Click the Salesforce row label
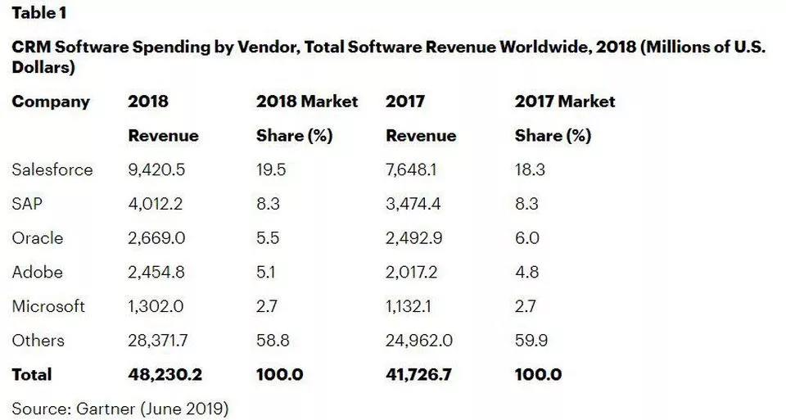click(52, 169)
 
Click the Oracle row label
click(38, 238)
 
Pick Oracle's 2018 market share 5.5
click(269, 238)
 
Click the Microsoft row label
click(48, 306)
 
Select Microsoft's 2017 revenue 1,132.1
click(413, 306)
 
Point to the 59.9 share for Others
click(531, 341)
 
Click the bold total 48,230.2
click(165, 375)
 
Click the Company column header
click(51, 102)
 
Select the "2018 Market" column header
click(307, 102)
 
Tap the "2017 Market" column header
click(565, 102)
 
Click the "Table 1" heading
click(38, 14)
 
